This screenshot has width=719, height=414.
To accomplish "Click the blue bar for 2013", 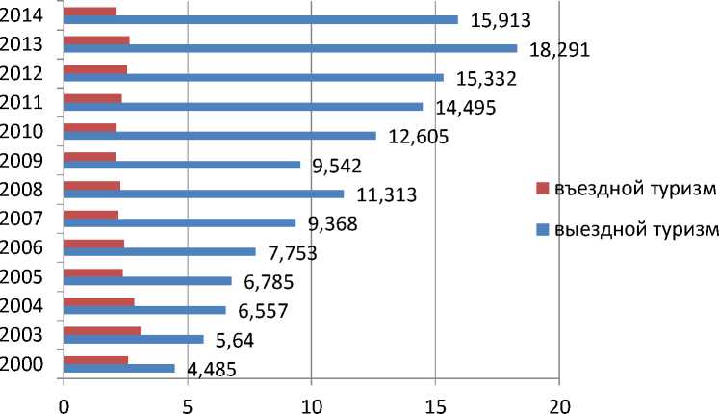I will click(290, 48).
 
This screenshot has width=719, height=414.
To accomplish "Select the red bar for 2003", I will click(102, 331).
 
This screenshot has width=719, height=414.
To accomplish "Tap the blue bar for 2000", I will click(119, 368).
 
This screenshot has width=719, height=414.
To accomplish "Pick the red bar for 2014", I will click(90, 11).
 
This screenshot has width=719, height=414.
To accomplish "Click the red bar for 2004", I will click(98, 302).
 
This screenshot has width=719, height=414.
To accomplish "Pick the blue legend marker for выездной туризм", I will click(543, 229).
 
